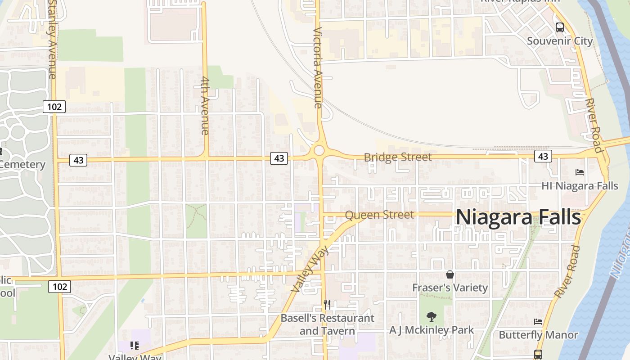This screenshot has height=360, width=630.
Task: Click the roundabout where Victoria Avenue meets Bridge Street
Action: [319, 150]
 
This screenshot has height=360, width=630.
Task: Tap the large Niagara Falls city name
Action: [518, 218]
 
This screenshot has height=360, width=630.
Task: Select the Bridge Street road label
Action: [397, 157]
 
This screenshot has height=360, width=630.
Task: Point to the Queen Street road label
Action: [379, 215]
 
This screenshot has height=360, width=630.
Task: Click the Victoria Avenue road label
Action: [318, 67]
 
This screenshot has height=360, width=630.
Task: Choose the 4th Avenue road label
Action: [205, 107]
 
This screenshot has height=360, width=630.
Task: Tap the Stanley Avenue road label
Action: [52, 40]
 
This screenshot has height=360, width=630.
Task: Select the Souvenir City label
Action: [560, 41]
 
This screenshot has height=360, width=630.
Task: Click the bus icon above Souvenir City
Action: [559, 27]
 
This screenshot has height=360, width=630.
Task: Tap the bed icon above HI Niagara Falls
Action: [580, 172]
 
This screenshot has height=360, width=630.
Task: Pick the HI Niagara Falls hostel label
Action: [580, 186]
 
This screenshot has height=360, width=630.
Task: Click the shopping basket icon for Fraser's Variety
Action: [450, 274]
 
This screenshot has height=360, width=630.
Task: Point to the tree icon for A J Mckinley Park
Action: [431, 316]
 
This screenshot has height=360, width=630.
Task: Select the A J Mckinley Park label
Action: [431, 330]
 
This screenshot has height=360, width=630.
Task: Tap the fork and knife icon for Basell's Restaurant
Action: [327, 305]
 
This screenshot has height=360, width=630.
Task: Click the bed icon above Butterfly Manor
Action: [538, 321]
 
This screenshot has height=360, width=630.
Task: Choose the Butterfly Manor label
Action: [538, 335]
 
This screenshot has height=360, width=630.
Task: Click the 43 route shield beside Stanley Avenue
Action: [78, 160]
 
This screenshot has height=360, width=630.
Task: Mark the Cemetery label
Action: [22, 164]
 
